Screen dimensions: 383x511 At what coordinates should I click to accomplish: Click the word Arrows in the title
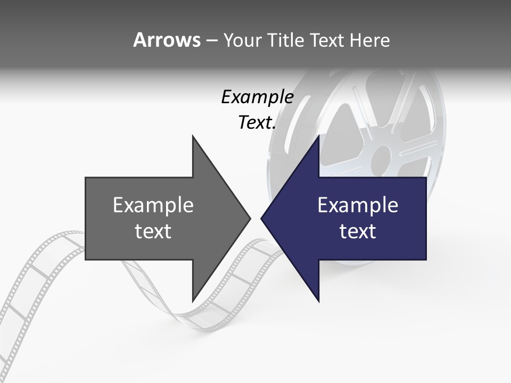click(x=167, y=40)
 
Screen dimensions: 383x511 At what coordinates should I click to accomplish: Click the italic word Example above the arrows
click(x=258, y=97)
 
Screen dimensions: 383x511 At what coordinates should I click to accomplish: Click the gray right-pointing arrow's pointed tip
click(x=249, y=218)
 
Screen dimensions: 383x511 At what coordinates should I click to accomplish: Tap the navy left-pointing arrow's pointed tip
click(x=262, y=218)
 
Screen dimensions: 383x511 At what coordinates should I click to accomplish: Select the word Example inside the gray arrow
click(x=153, y=205)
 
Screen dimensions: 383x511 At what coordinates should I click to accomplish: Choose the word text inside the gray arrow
click(x=153, y=231)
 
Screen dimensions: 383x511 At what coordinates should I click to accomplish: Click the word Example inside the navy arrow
click(x=358, y=205)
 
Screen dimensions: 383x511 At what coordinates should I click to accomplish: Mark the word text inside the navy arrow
click(x=358, y=231)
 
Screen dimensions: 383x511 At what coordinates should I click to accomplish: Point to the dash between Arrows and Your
click(x=211, y=40)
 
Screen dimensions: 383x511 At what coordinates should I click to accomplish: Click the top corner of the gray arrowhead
click(x=193, y=136)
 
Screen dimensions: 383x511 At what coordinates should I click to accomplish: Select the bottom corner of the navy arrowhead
click(x=318, y=301)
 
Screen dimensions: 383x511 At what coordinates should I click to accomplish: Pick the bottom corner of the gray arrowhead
click(x=193, y=301)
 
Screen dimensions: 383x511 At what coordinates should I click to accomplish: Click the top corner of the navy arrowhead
click(x=318, y=136)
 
